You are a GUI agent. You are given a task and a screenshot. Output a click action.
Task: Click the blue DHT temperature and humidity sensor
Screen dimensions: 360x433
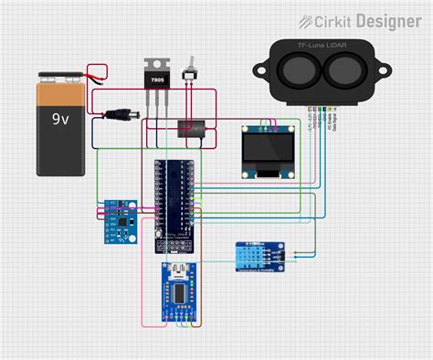(x=255, y=255)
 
